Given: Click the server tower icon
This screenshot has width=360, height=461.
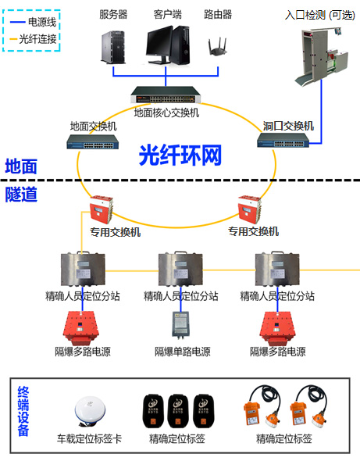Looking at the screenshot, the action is pos(113,47).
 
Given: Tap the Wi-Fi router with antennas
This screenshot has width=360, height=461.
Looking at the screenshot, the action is pos(218,47).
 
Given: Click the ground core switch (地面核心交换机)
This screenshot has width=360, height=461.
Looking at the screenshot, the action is pos(166,95).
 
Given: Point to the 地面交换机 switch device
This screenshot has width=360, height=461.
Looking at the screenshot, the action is pos(93,141).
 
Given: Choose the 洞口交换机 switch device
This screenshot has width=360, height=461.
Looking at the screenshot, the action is pos(283,140).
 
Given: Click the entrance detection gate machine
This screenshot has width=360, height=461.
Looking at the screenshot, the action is pos(321,55).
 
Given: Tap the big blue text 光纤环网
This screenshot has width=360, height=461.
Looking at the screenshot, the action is pos(180,155).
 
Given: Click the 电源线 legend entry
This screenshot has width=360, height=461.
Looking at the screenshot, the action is pos(33,22).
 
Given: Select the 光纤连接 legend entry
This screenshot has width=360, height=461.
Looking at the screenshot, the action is pos(33,39).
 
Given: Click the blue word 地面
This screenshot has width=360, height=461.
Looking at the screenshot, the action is pos(21,166).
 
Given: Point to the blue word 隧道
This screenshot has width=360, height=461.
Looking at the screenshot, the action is pos(21,194).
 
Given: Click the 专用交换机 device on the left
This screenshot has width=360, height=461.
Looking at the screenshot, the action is pos(101,209).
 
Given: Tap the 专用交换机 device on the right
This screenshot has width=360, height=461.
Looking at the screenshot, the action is pos(249,209).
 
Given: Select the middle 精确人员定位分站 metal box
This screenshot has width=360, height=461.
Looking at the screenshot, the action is pos(180,269).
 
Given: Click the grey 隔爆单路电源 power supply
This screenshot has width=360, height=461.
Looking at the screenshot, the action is pos(180,323).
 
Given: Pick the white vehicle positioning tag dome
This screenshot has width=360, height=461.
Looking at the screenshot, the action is pos(90,411).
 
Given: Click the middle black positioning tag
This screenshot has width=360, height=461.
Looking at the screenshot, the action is pos(178,411).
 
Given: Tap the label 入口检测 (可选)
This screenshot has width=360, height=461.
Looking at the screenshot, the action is pos(320,15).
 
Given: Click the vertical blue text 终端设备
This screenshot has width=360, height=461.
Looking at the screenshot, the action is pos(23,411).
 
